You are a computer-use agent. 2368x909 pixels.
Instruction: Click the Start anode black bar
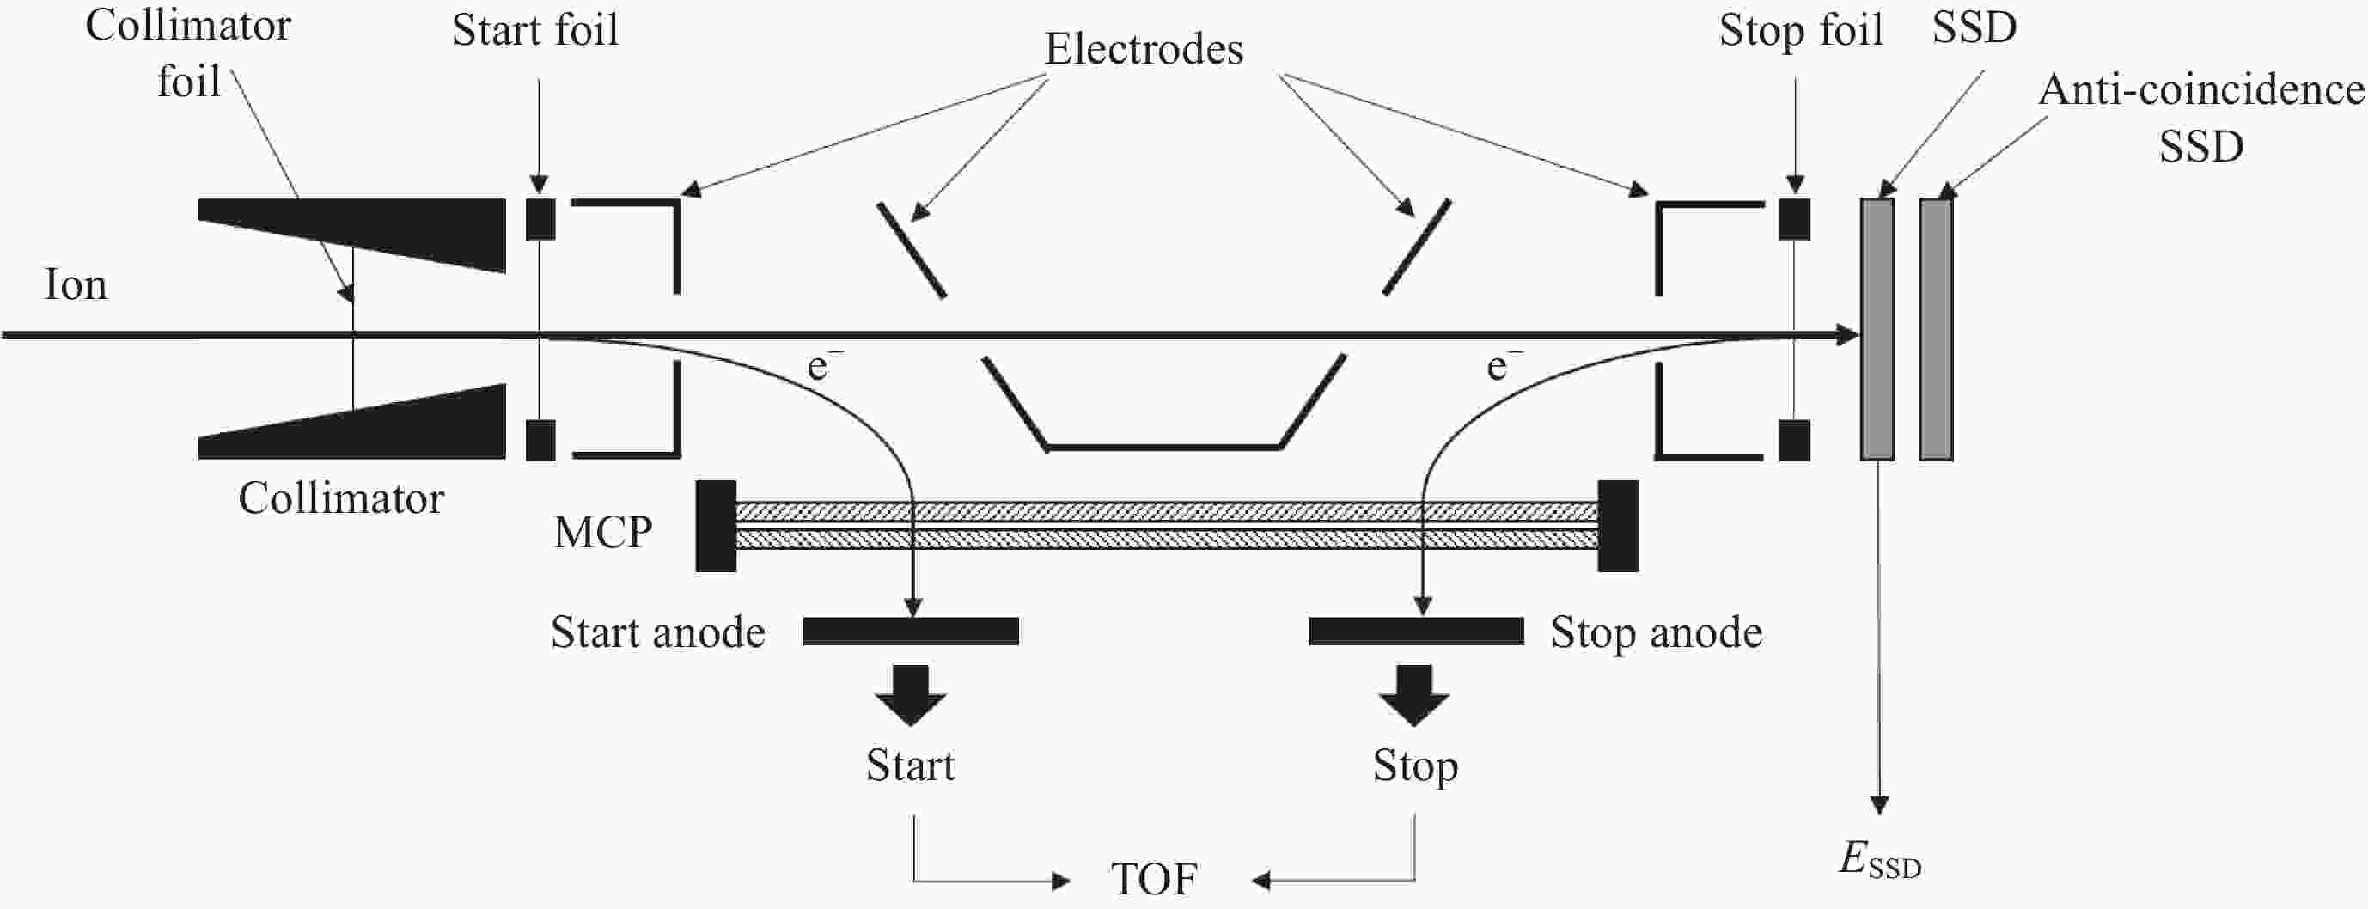pos(910,631)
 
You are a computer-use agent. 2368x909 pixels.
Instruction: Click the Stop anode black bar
pos(1416,631)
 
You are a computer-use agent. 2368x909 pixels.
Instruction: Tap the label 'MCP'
pos(603,531)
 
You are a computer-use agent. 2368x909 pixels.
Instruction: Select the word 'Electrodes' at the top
pos(1144,49)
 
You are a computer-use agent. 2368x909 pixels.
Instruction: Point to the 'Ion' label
pos(76,285)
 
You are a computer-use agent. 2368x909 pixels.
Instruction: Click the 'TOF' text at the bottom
pos(1154,880)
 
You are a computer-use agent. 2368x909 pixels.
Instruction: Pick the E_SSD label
pos(1880,861)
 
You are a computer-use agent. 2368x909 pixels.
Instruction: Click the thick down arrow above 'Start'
pos(910,695)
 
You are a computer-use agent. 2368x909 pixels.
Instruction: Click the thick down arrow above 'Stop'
pos(1413,695)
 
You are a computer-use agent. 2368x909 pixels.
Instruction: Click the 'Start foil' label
pos(535,30)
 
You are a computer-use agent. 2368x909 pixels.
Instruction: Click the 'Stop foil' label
pos(1801,30)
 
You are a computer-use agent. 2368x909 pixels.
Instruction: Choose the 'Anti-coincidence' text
pos(2200,90)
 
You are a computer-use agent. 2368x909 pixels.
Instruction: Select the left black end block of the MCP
pos(715,526)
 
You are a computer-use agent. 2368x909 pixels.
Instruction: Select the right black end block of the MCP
pos(1618,526)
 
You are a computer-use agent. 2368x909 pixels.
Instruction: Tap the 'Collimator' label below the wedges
pos(341,499)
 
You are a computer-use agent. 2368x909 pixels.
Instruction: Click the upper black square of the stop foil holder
pos(1794,219)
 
